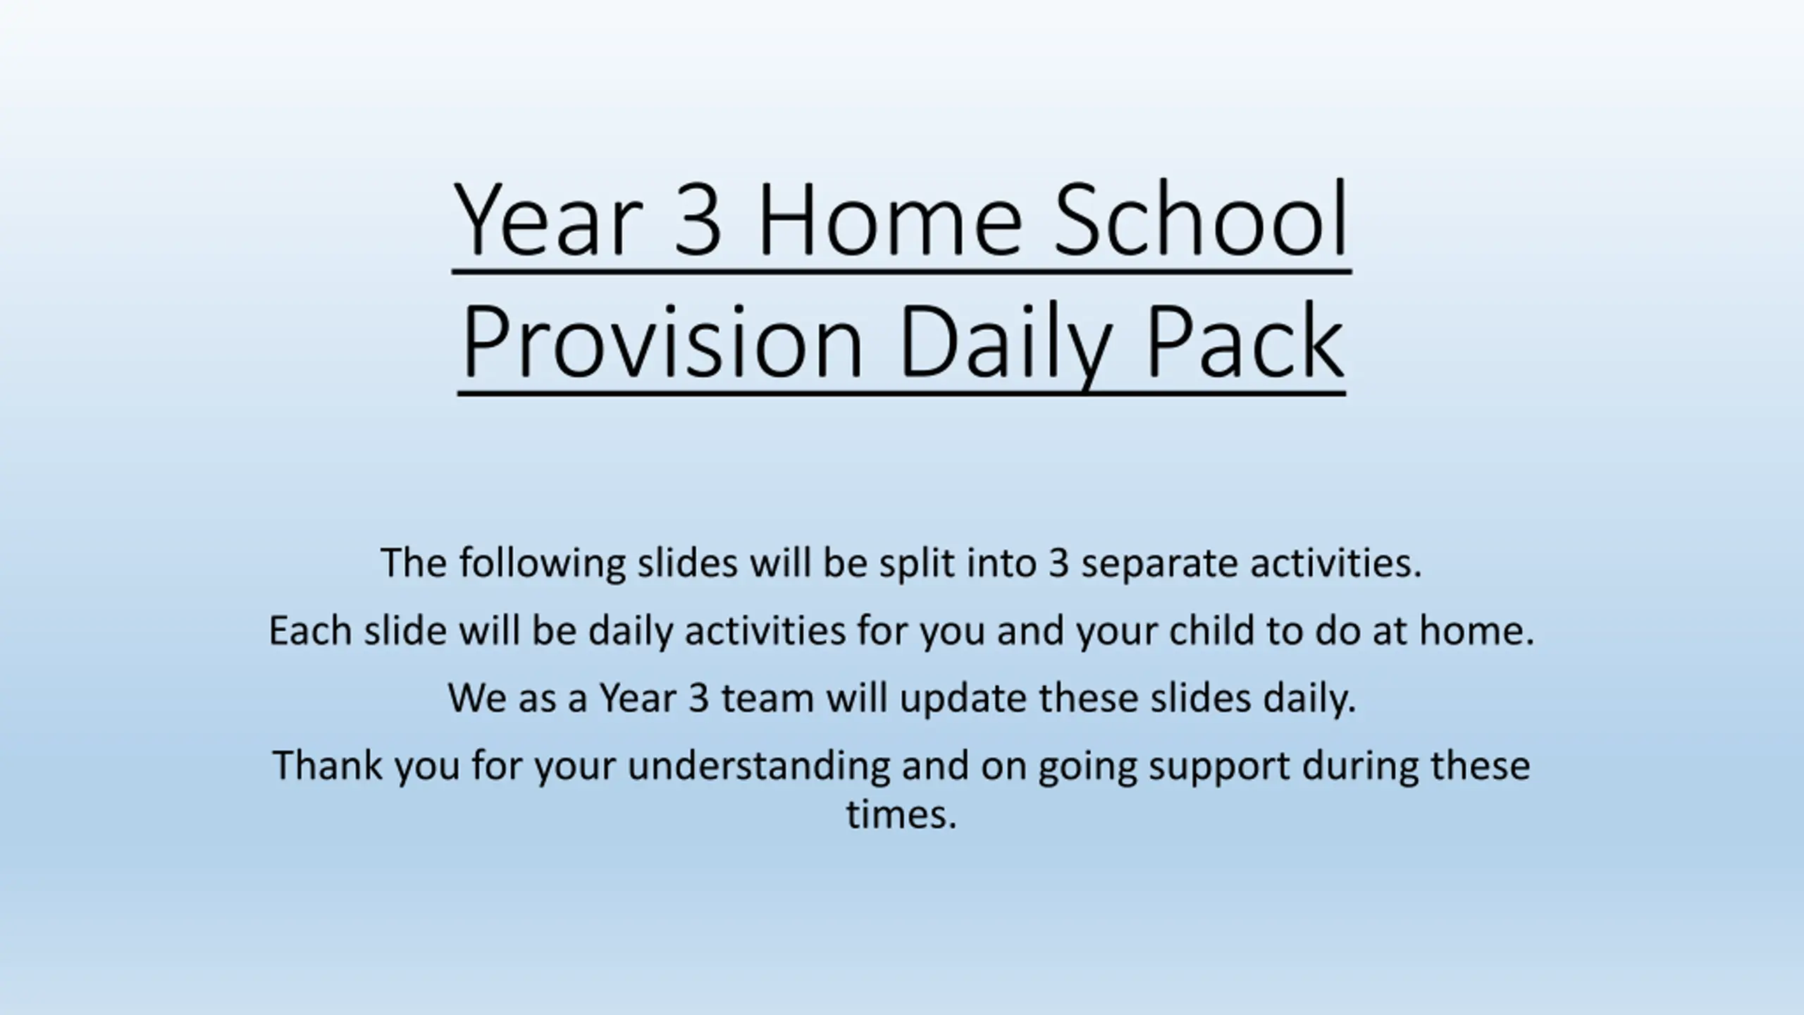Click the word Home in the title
[x=889, y=219]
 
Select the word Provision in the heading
[x=662, y=342]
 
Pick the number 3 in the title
[x=698, y=219]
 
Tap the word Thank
[x=327, y=765]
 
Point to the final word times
[x=901, y=814]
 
